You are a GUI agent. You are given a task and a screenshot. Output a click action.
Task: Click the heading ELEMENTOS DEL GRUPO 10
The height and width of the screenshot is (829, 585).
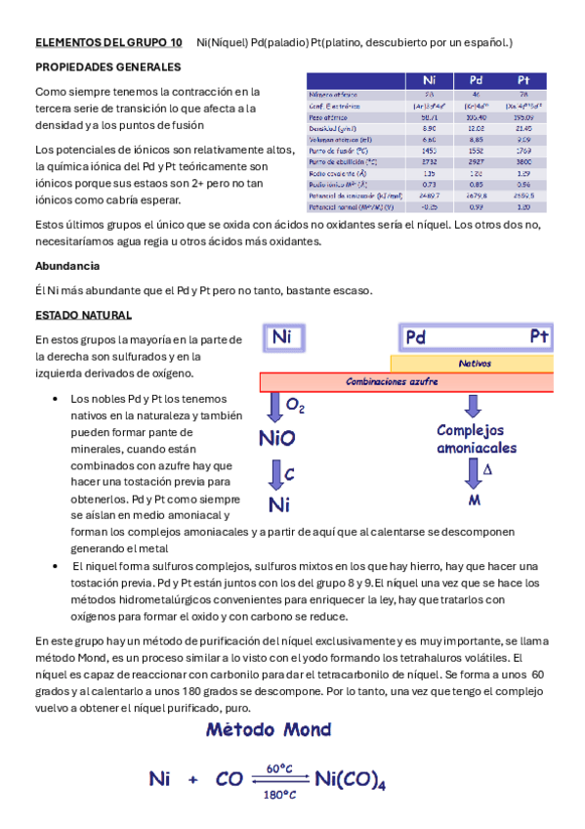pos(108,43)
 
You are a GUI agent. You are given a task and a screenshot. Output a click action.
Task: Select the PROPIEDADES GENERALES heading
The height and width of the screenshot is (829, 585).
pos(107,67)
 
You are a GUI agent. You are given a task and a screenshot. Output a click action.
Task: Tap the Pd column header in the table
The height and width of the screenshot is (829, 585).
pos(476,80)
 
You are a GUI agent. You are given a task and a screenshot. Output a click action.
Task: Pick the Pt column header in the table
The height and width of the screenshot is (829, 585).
pos(522,80)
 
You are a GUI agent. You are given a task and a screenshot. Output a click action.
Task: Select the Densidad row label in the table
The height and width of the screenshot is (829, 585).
pos(330,128)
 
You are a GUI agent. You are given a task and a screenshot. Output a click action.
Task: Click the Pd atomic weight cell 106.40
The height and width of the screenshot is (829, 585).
pos(476,116)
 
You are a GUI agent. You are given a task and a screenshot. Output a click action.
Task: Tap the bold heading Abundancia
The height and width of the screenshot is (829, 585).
pos(66,266)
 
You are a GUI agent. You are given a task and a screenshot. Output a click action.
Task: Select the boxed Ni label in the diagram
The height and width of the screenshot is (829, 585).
pos(282,338)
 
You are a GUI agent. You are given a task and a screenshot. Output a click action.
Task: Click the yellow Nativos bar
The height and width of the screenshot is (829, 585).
pos(475,363)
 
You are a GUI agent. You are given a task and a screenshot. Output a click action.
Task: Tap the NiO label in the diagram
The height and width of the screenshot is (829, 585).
pos(277,438)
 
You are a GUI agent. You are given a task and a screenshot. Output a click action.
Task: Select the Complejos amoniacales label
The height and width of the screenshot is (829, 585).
pos(476,438)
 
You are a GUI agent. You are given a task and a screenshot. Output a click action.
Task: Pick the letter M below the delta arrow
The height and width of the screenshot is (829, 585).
pos(475,500)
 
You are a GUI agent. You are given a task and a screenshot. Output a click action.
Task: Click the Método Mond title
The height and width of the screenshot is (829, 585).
pos(269,729)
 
